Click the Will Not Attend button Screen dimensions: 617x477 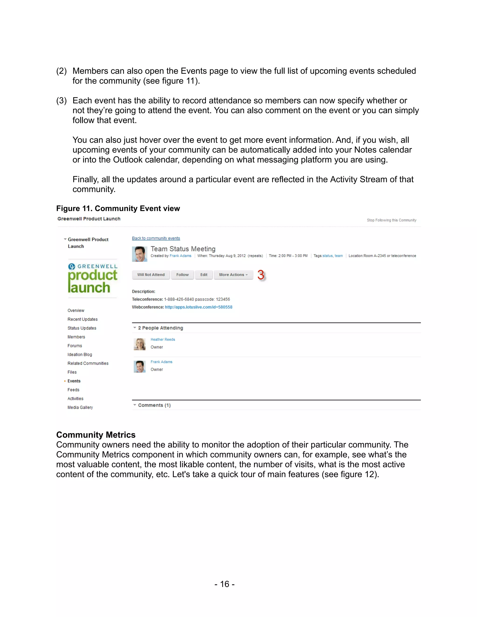tap(151, 275)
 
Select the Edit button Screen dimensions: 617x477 tap(204, 275)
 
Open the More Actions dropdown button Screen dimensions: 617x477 tap(233, 275)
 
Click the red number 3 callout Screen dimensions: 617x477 tap(261, 275)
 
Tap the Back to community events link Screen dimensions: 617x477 tap(156, 238)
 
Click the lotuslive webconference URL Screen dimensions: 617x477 tap(198, 307)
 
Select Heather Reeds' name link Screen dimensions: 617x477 tap(163, 339)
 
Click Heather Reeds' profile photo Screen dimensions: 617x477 tap(140, 344)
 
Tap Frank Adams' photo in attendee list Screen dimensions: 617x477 tap(140, 366)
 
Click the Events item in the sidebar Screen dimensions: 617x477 tap(74, 381)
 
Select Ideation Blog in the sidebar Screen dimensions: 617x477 tap(80, 354)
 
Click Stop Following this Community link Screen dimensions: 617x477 tap(391, 220)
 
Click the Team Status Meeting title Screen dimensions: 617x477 tap(183, 249)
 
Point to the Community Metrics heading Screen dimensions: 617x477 tap(96, 434)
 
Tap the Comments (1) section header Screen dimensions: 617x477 tap(154, 405)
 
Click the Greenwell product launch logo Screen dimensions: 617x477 tap(92, 278)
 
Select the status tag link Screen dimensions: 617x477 tap(327, 256)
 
